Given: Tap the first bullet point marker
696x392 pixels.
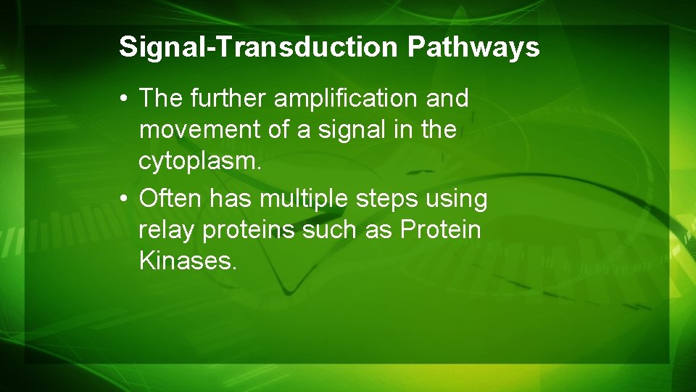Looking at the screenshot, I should [x=126, y=99].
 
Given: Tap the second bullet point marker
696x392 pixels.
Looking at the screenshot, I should [x=126, y=198].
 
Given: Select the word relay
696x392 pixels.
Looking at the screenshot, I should [x=167, y=231].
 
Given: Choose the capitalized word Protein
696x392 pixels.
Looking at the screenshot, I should [x=441, y=230].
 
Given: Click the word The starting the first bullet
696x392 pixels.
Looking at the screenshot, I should [x=161, y=98].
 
